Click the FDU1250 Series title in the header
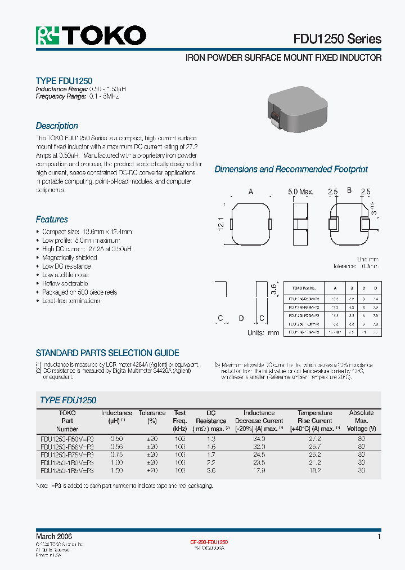(x=337, y=39)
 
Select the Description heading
(x=57, y=126)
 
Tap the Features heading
(x=52, y=220)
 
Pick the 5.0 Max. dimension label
(x=300, y=192)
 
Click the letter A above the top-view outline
(x=251, y=192)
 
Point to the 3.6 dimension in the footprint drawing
(x=274, y=290)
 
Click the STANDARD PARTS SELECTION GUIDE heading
(x=107, y=353)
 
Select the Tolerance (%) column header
(x=152, y=417)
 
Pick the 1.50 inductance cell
(x=116, y=470)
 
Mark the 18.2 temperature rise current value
(x=314, y=470)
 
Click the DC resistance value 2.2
(x=210, y=462)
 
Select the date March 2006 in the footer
(x=54, y=537)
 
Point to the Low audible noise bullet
(x=66, y=275)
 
